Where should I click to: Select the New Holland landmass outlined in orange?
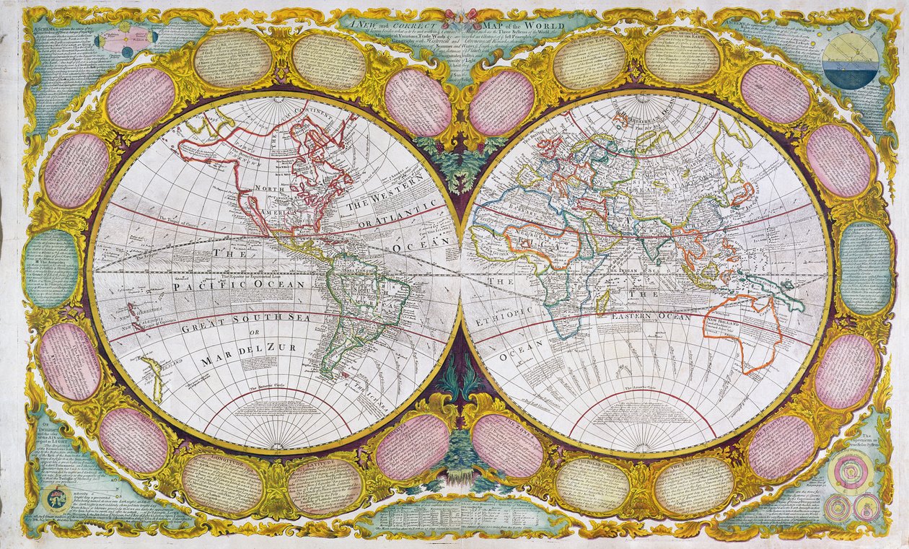point(743,332)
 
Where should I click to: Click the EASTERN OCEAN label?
point(650,317)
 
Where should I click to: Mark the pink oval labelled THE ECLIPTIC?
point(413,446)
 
